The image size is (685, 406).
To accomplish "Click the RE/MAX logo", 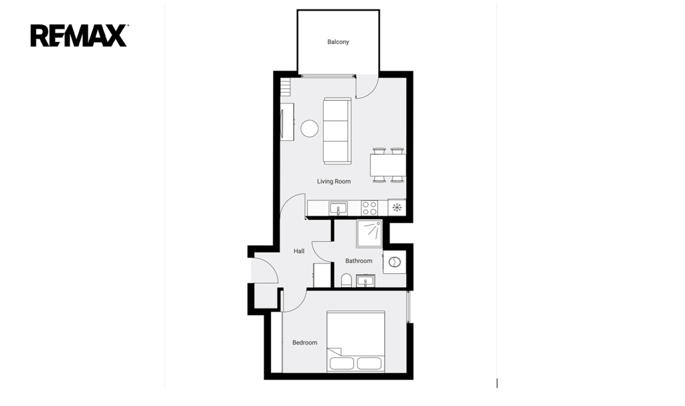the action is (x=79, y=35).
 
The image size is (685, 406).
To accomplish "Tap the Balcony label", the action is (x=338, y=42).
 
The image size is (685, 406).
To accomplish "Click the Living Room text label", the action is (x=334, y=182).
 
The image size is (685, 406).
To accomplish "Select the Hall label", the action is (x=299, y=251).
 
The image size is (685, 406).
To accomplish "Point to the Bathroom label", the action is (x=359, y=261).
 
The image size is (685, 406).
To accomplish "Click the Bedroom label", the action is (x=304, y=343).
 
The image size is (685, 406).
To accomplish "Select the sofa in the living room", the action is (x=337, y=131).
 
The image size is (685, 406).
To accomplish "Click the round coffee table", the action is (x=309, y=129).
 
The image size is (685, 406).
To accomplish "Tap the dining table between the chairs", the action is (x=388, y=166).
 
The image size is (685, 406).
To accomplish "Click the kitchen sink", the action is (x=338, y=208).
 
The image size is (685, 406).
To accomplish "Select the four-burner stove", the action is (x=369, y=208).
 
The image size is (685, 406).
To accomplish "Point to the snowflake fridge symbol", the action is (x=397, y=208).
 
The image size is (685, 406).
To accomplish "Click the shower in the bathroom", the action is (x=369, y=233).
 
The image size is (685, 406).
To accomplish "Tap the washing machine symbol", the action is (x=395, y=262).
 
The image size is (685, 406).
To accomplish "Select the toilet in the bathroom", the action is (x=346, y=280).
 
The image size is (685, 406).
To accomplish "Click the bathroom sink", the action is (x=366, y=281).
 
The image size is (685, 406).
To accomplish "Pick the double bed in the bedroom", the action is (x=356, y=341).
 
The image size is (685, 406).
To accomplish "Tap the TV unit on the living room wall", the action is (x=287, y=122).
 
